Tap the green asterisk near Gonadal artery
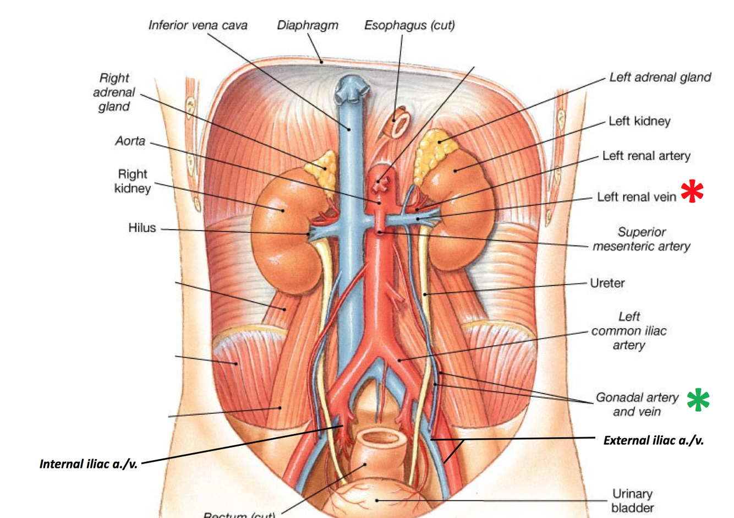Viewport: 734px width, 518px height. pos(698,400)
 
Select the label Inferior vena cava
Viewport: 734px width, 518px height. pos(198,25)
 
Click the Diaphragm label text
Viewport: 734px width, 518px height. pos(307,25)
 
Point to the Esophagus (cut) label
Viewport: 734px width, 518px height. pos(409,25)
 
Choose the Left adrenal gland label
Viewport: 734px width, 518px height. pos(660,78)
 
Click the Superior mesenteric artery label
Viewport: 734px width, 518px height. pos(641,239)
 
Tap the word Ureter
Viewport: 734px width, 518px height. pos(607,283)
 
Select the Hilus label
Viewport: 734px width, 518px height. pos(142,228)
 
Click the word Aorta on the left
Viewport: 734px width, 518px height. pos(130,141)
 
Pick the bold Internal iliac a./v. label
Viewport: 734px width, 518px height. pos(89,464)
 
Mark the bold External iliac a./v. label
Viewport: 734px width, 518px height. pos(653,440)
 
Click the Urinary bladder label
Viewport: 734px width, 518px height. pos(632,500)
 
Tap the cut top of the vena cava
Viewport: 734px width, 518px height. pos(348,90)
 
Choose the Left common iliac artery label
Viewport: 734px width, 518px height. pos(628,331)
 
